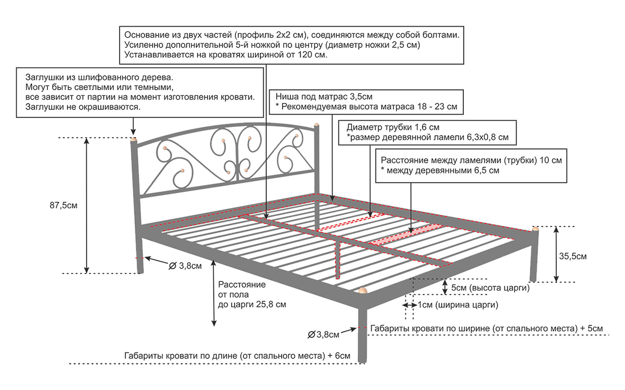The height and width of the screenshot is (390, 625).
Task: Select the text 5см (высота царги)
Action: (491, 288)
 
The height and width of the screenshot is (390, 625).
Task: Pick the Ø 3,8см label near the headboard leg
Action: (185, 266)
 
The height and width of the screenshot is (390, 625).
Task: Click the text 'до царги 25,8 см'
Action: (252, 305)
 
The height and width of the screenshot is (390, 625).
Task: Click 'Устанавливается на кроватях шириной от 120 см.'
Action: (226, 55)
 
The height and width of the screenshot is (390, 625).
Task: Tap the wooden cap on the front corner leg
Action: (362, 291)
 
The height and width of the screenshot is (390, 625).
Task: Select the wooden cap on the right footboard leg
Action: (535, 229)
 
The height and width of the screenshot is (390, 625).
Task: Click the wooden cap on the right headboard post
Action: (317, 125)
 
